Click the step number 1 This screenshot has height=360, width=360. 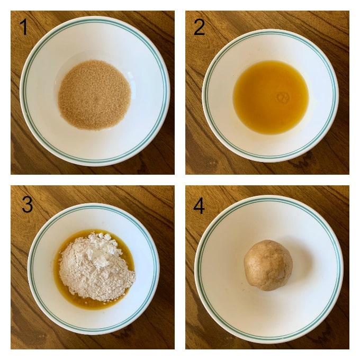[23, 27]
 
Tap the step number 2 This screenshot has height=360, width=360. [199, 28]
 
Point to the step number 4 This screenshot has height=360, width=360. [199, 206]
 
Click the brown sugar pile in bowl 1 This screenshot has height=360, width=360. [94, 95]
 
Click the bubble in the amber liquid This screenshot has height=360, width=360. [283, 97]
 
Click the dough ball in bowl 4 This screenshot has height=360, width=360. [268, 265]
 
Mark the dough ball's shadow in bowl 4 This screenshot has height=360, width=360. [299, 262]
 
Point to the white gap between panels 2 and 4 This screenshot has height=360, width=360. [267, 180]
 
